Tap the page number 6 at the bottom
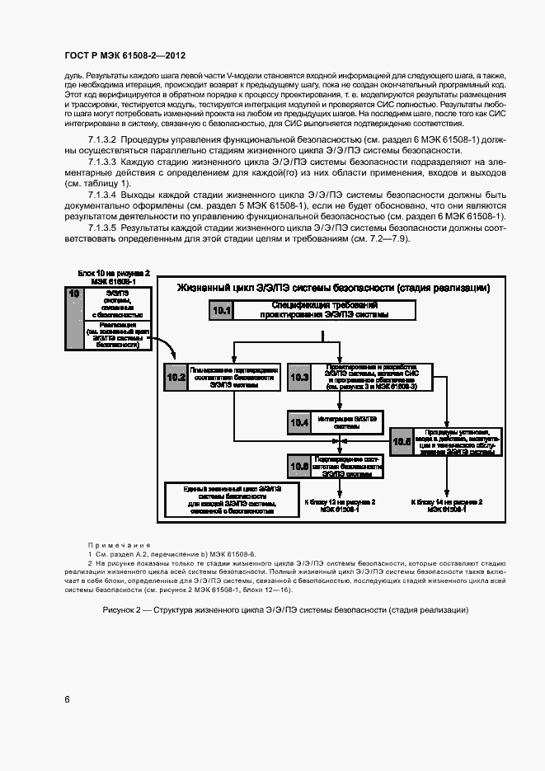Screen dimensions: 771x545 [x=67, y=699]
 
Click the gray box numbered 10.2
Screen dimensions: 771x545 [x=176, y=378]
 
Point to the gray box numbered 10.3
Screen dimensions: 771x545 [x=298, y=378]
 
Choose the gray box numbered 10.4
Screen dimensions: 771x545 [x=298, y=422]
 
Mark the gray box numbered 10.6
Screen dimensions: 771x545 [x=298, y=466]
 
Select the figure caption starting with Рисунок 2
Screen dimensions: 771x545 [x=285, y=609]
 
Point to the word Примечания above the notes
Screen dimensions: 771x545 [x=120, y=545]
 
